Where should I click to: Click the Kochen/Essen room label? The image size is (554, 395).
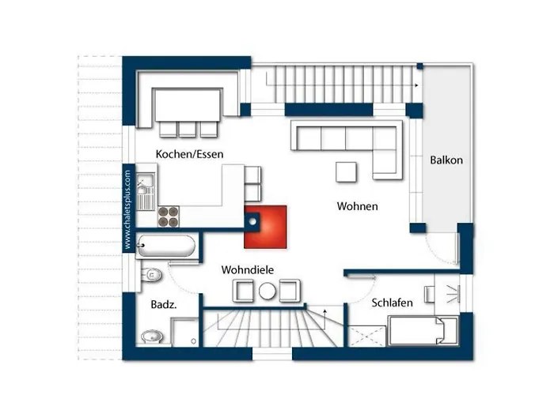[189, 154]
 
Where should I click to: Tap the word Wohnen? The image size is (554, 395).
[357, 206]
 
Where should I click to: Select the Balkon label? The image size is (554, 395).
[446, 160]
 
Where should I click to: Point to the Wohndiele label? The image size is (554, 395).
[247, 270]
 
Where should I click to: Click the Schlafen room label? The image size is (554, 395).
[392, 303]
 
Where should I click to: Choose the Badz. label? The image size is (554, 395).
[164, 304]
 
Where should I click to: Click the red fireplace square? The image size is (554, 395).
[265, 228]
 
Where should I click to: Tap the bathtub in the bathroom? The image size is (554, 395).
[166, 246]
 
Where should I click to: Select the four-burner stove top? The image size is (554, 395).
[168, 216]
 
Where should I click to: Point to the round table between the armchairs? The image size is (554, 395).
[268, 292]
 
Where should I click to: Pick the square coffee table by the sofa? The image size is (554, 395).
[346, 171]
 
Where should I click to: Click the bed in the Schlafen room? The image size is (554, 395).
[423, 330]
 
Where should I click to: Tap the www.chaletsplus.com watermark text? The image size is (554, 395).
[127, 209]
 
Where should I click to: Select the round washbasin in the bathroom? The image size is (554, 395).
[152, 337]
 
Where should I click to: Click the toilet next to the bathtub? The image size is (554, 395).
[151, 274]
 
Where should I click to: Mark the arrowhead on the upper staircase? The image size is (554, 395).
[416, 85]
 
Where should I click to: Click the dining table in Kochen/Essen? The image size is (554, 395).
[188, 105]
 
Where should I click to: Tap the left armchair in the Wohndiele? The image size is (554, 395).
[243, 291]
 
